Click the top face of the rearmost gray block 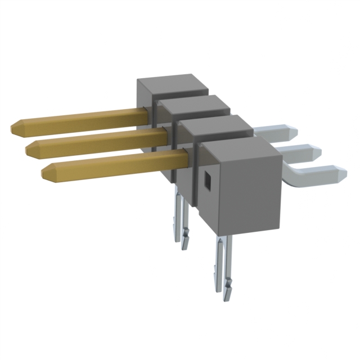(172, 84)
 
